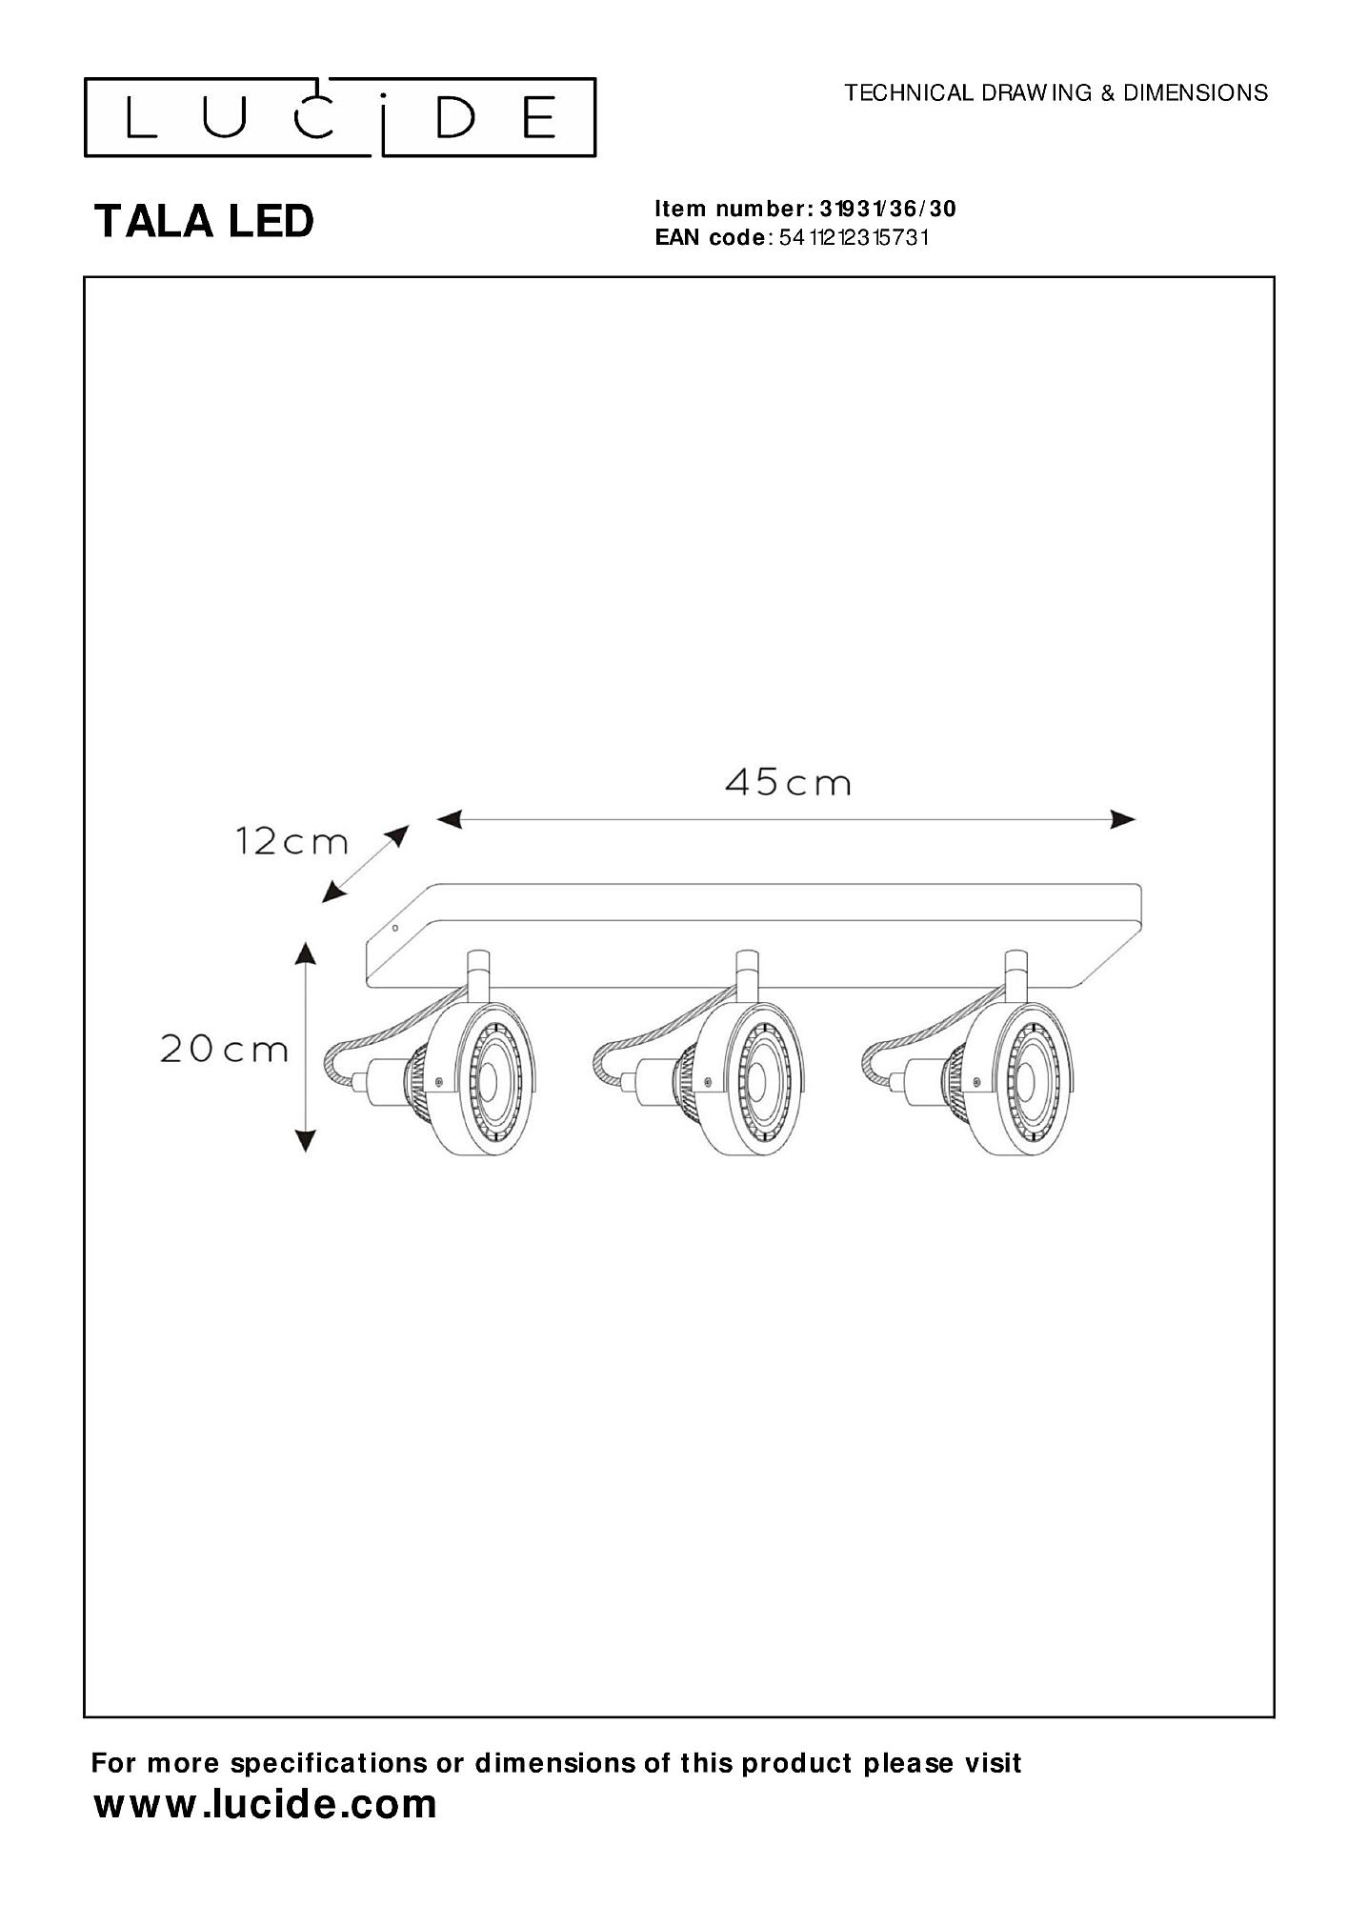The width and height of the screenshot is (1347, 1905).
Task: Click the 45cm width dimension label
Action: (x=787, y=783)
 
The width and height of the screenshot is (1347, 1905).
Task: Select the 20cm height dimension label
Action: (x=224, y=1050)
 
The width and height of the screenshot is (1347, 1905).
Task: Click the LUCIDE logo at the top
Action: (x=340, y=117)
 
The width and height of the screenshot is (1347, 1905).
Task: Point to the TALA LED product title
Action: (x=204, y=222)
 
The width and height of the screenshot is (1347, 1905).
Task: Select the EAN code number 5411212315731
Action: (x=854, y=238)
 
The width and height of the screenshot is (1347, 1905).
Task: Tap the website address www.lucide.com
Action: (x=266, y=1804)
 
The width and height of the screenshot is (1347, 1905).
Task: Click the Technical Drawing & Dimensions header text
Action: (x=1056, y=92)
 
